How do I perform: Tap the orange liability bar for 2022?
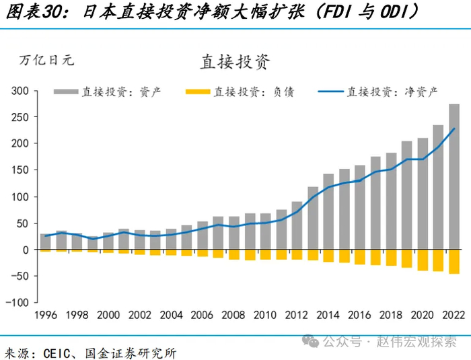point(454,262)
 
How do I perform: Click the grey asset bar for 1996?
point(45,242)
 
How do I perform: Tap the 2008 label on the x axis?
point(234,315)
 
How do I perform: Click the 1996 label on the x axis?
point(45,315)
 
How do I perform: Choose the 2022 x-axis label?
point(454,315)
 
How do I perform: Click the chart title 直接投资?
point(235,62)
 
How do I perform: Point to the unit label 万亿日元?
point(46,60)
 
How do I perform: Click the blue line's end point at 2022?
point(454,129)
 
